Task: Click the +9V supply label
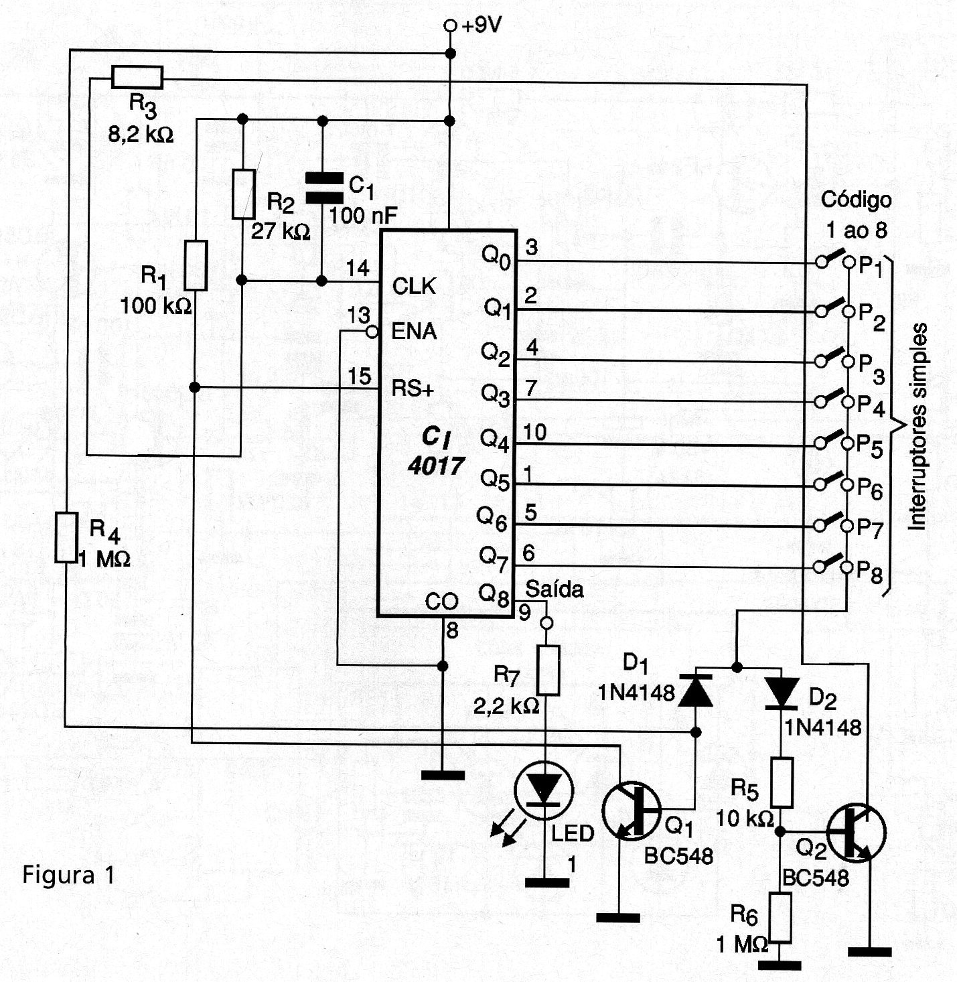point(482,25)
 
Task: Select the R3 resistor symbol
point(137,77)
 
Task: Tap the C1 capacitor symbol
point(323,188)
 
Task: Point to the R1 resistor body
point(196,265)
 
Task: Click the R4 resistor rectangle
point(66,537)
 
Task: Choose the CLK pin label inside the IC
point(414,287)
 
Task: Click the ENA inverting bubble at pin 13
point(372,332)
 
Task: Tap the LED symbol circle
point(544,790)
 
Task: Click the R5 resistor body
point(782,782)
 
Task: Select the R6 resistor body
point(780,917)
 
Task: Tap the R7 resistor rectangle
point(548,670)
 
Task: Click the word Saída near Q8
point(555,589)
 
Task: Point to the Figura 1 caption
point(68,875)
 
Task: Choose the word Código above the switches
point(856,200)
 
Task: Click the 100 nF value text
point(363,216)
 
